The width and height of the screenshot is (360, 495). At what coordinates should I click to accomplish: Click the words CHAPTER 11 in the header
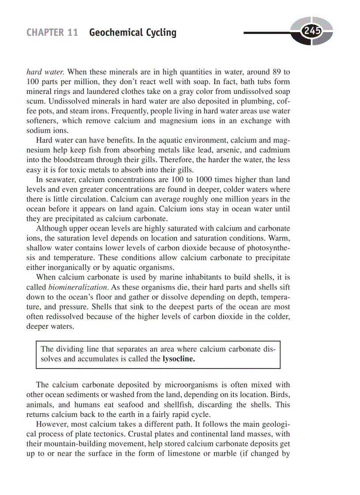tap(52, 33)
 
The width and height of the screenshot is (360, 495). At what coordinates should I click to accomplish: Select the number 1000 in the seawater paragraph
tap(201, 180)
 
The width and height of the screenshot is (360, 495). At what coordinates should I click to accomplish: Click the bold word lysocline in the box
tap(178, 359)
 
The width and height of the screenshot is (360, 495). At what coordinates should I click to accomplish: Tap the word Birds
tap(281, 395)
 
